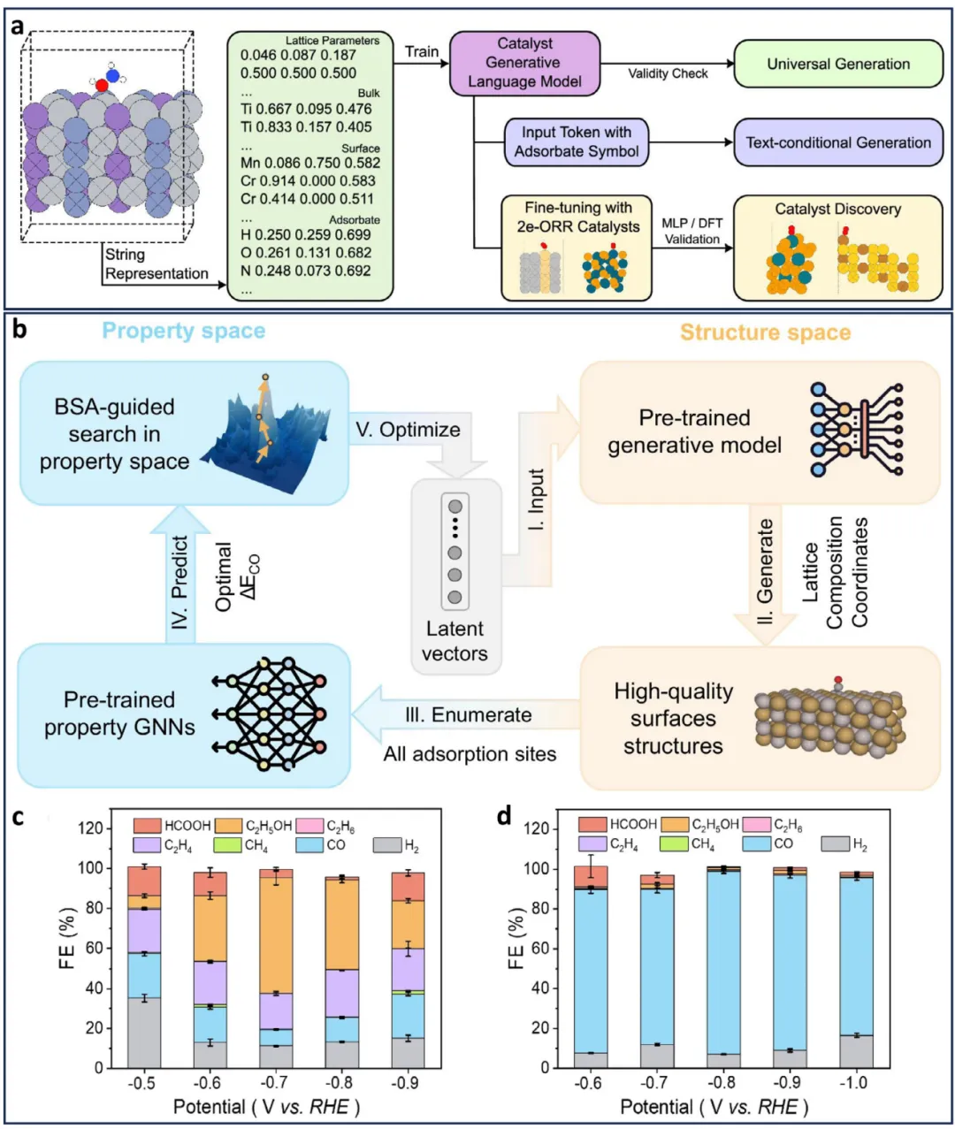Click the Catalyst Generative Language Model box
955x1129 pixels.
[x=524, y=63]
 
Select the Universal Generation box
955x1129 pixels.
[x=837, y=64]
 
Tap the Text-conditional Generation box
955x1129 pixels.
[x=837, y=142]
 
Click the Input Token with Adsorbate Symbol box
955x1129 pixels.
[x=576, y=141]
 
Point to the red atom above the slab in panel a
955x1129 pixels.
[x=102, y=85]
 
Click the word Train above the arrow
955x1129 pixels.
[x=421, y=51]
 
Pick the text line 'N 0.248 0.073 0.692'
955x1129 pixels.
[x=305, y=271]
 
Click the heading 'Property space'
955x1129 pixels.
[x=183, y=331]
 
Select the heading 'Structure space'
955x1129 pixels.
[x=765, y=332]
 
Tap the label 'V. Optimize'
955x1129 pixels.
[x=408, y=430]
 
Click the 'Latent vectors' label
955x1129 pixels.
[x=455, y=641]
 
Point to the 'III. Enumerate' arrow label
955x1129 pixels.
[x=469, y=714]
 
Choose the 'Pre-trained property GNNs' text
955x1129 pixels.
[x=119, y=713]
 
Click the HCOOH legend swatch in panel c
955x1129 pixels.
[x=147, y=826]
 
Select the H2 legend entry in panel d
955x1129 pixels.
[x=835, y=844]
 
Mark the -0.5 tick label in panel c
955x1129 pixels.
[x=144, y=1083]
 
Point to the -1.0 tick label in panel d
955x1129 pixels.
[x=853, y=1083]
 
